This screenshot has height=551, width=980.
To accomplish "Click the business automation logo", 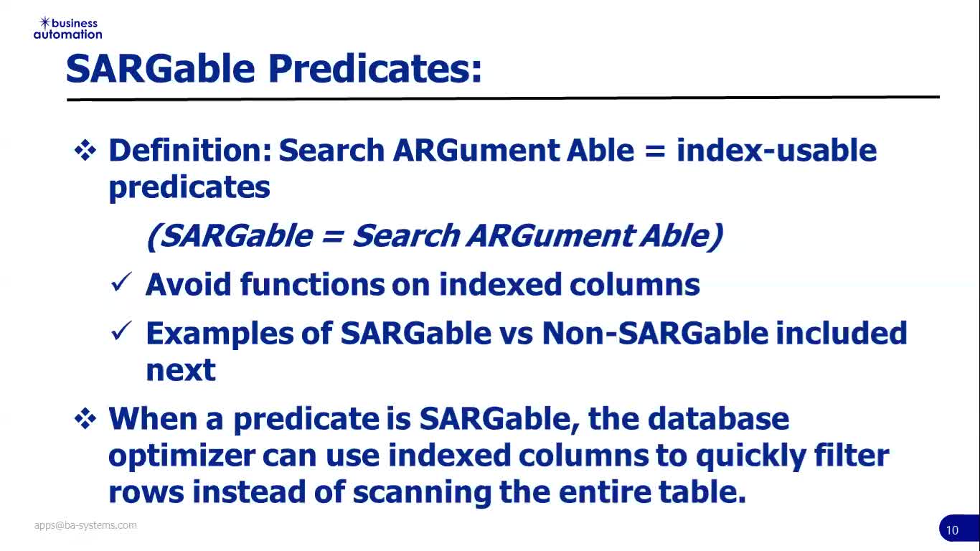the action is (68, 29).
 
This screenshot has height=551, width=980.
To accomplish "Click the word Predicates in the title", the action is (375, 69).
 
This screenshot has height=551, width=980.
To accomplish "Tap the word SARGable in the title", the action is (160, 69).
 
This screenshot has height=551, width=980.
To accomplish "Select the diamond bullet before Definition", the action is (85, 151).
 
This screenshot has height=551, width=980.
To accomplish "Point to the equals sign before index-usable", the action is (655, 151).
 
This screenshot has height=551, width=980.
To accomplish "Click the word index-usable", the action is (776, 150).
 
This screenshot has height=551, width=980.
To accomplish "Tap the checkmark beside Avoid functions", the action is (121, 282).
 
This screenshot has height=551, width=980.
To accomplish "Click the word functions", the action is (312, 285).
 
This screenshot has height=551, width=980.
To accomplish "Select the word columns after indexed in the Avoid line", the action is (635, 285).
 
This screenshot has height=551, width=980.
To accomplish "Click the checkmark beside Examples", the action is (121, 331).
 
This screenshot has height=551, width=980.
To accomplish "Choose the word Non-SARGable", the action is (655, 333).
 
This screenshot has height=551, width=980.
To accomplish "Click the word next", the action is (181, 370).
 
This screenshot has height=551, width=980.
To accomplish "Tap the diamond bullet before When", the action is (85, 419).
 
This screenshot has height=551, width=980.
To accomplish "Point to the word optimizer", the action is (182, 456).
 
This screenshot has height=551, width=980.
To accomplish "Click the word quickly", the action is (750, 456).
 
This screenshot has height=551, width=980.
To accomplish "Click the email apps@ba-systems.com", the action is (85, 525).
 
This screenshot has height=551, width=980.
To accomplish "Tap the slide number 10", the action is (952, 530).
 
